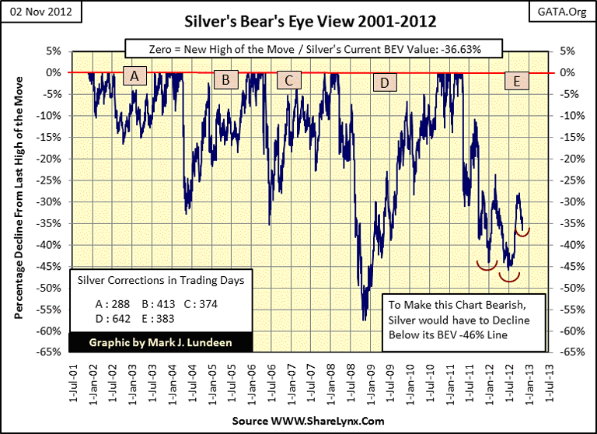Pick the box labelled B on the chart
coord(225,79)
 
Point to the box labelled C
coord(288,79)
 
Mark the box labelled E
coord(516,81)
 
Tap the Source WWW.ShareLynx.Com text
coord(298,421)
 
